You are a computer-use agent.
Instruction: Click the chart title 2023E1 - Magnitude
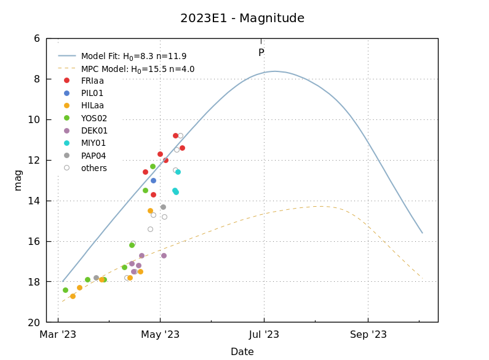[x=242, y=18]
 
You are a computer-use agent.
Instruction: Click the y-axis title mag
[x=18, y=180]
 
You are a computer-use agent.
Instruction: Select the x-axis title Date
[x=242, y=352]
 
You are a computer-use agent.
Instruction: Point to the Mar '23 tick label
[x=58, y=335]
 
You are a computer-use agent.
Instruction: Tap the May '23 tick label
[x=160, y=335]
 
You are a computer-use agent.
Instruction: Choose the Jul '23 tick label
[x=264, y=335]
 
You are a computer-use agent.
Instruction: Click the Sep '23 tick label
[x=368, y=335]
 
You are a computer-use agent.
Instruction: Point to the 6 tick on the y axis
[x=37, y=38]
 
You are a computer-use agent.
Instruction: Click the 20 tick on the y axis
[x=34, y=322]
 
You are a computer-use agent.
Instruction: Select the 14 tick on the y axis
[x=34, y=201]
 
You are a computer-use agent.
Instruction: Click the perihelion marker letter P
[x=261, y=53]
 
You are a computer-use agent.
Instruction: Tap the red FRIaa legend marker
[x=66, y=81]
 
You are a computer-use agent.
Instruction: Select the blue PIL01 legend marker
[x=66, y=93]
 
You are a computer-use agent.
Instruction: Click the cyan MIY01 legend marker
[x=66, y=143]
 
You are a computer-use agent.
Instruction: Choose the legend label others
[x=93, y=168]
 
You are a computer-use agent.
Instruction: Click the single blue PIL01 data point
[x=153, y=180]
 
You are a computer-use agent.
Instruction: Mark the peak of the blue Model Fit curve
[x=275, y=71]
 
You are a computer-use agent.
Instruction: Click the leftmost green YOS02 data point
[x=65, y=290]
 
